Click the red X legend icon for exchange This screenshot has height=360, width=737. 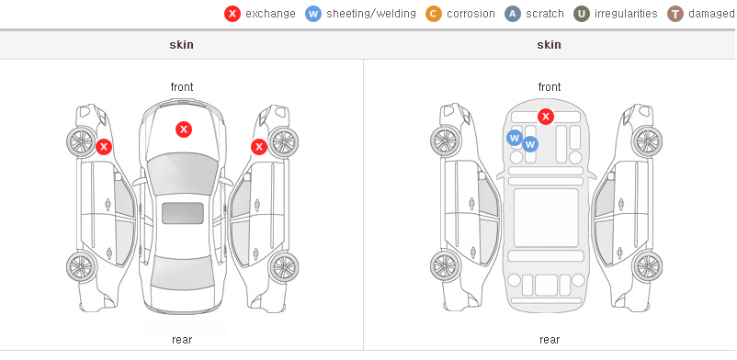pyautogui.click(x=232, y=14)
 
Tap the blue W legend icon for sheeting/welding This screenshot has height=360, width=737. pyautogui.click(x=313, y=14)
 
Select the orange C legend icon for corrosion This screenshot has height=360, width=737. pyautogui.click(x=434, y=14)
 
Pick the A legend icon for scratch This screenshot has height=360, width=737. pyautogui.click(x=513, y=14)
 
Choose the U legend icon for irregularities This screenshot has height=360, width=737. pyautogui.click(x=582, y=14)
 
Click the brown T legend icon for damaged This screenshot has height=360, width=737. pyautogui.click(x=675, y=14)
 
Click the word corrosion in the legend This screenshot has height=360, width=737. pyautogui.click(x=471, y=14)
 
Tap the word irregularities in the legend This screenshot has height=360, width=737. pyautogui.click(x=626, y=14)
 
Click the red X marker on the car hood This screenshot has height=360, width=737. pyautogui.click(x=184, y=129)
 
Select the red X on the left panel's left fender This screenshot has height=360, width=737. pyautogui.click(x=104, y=147)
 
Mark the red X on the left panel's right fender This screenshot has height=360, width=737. pyautogui.click(x=259, y=147)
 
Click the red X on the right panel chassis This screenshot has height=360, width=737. pyautogui.click(x=545, y=116)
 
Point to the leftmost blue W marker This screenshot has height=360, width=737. pyautogui.click(x=515, y=138)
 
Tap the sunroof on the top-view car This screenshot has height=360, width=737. pyautogui.click(x=183, y=213)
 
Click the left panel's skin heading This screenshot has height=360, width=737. pyautogui.click(x=181, y=45)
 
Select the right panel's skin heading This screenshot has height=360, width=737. pyautogui.click(x=549, y=45)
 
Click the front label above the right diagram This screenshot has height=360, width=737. pyautogui.click(x=550, y=87)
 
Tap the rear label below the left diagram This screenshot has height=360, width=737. pyautogui.click(x=182, y=340)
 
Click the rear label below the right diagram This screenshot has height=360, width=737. pyautogui.click(x=550, y=340)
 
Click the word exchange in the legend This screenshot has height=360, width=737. pyautogui.click(x=270, y=14)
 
